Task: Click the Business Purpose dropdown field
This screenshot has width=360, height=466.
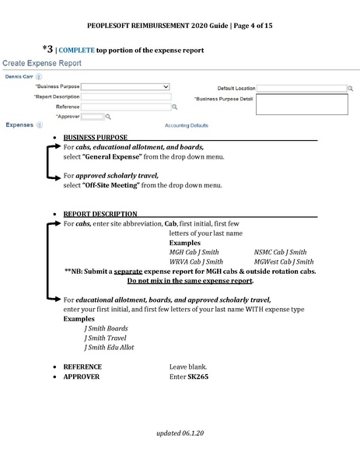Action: click(x=125, y=87)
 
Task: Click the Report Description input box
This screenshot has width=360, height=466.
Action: click(x=125, y=97)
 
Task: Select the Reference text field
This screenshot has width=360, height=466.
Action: click(x=125, y=107)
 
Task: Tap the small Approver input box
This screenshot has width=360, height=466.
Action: click(x=92, y=116)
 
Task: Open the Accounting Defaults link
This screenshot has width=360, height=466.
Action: click(x=187, y=125)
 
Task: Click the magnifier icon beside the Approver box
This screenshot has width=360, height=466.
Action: click(x=108, y=116)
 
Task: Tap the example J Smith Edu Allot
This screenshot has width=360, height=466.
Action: click(x=109, y=347)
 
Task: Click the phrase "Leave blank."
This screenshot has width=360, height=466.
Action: click(x=187, y=366)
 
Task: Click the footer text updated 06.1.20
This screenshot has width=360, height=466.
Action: click(x=180, y=430)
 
